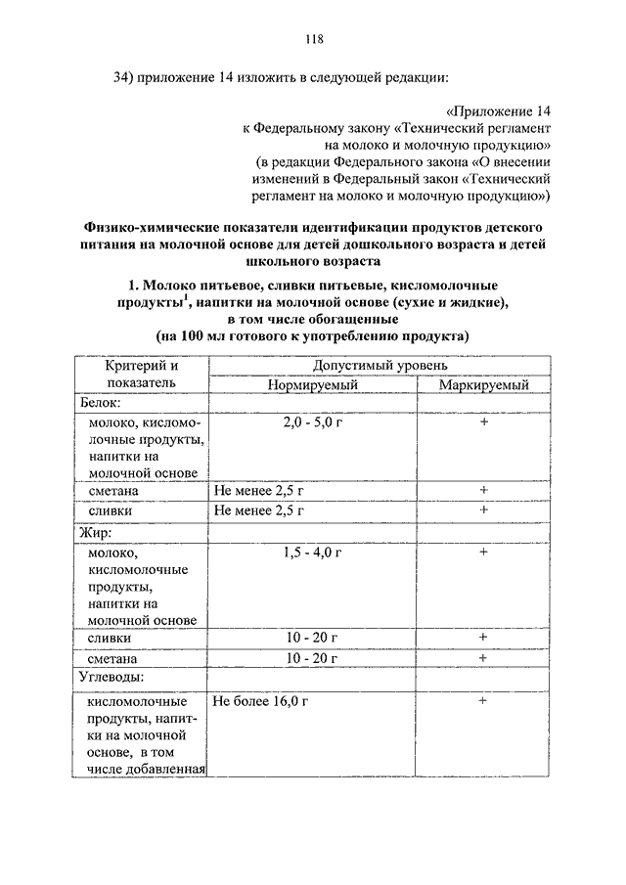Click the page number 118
(x=313, y=40)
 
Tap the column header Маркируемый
(x=483, y=384)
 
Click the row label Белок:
(x=99, y=402)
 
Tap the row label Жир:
(x=95, y=534)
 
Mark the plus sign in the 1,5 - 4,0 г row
(x=483, y=553)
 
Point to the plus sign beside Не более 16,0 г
(x=483, y=702)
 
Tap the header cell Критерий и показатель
(x=143, y=374)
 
